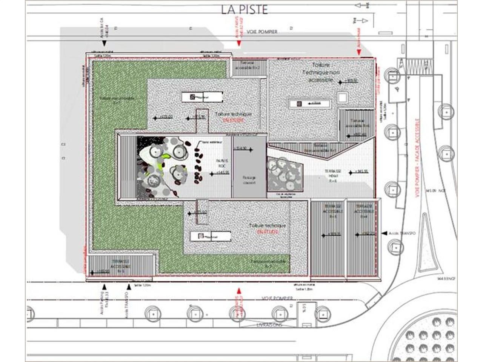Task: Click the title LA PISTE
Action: pyautogui.click(x=245, y=9)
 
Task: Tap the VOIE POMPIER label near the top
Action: pyautogui.click(x=262, y=32)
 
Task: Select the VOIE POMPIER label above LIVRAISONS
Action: pyautogui.click(x=277, y=298)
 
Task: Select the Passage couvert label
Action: pyautogui.click(x=249, y=180)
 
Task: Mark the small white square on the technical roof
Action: pyautogui.click(x=342, y=98)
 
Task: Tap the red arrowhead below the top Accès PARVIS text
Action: pyautogui.click(x=238, y=44)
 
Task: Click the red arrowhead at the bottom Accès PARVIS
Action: pyautogui.click(x=238, y=291)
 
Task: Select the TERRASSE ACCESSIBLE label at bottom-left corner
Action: pyautogui.click(x=120, y=265)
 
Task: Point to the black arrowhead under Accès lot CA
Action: pyautogui.click(x=104, y=44)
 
